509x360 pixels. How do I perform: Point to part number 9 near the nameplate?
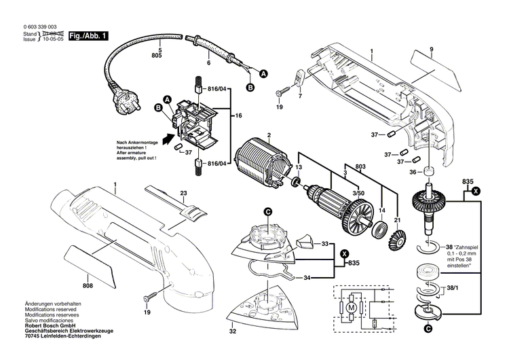tap(430, 49)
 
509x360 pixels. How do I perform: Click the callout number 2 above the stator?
tap(269, 135)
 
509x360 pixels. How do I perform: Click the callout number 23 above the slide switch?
tap(183, 193)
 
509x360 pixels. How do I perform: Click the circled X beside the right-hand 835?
tap(476, 192)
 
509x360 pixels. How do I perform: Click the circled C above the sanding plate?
tap(268, 212)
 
